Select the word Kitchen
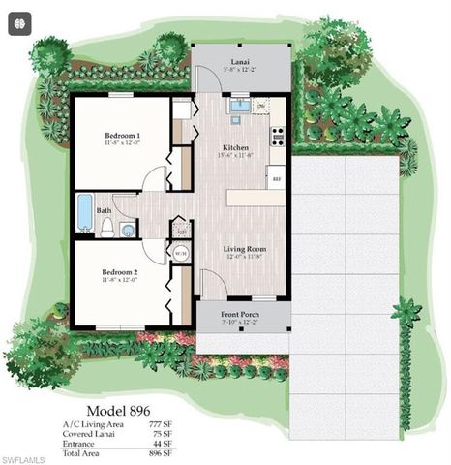(x=236, y=149)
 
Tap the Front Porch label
(x=243, y=314)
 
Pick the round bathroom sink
(x=128, y=230)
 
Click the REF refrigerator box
(x=276, y=179)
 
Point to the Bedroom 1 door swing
(x=155, y=179)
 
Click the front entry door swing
(x=213, y=284)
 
